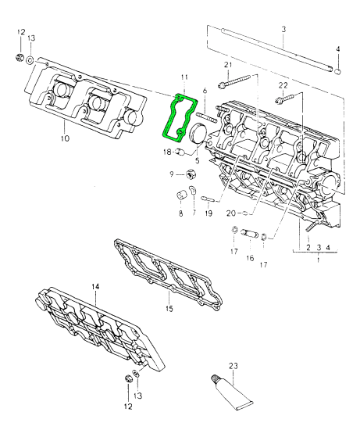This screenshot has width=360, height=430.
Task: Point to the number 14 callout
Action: [94, 287]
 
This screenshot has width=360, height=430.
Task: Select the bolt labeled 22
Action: [282, 99]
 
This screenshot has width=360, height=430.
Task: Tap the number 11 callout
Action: [184, 77]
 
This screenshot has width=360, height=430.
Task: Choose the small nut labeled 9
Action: [189, 174]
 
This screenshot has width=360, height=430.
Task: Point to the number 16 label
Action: [250, 257]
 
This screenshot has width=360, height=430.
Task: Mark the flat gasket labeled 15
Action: [168, 270]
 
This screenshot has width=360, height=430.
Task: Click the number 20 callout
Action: [230, 213]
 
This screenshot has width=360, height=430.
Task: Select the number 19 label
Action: [209, 213]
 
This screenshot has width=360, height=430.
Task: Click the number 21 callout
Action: [228, 64]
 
